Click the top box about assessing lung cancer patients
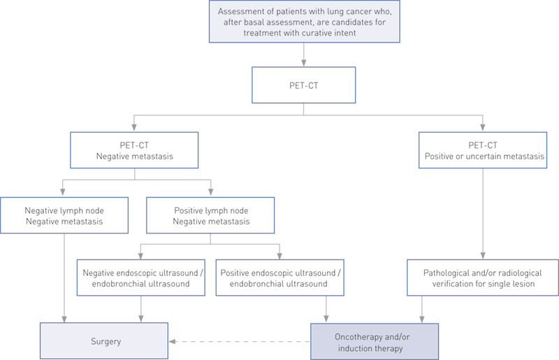click(x=303, y=22)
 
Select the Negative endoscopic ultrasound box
click(x=143, y=278)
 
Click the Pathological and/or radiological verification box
click(x=484, y=278)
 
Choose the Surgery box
click(x=104, y=341)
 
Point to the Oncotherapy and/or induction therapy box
click(x=374, y=341)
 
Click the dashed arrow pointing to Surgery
click(x=238, y=342)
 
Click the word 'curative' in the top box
click(x=348, y=34)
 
